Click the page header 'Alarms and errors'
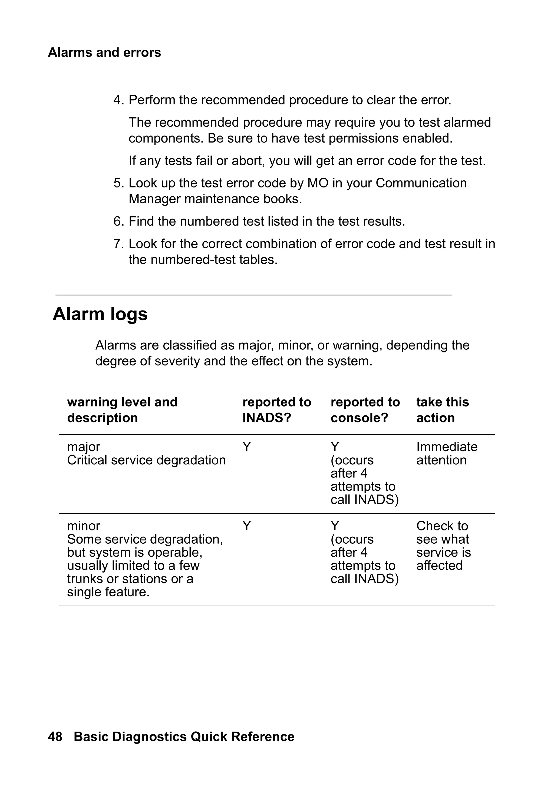(x=104, y=52)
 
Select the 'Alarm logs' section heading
(x=100, y=314)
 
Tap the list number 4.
(x=118, y=100)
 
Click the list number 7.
(x=118, y=244)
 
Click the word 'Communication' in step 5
(x=421, y=183)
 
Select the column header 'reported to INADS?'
(x=277, y=410)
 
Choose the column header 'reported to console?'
(x=365, y=410)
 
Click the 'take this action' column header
(x=442, y=410)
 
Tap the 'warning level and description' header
(x=122, y=410)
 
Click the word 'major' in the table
(x=84, y=447)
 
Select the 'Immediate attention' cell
(x=447, y=453)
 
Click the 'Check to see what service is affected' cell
(x=443, y=546)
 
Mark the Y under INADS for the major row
(x=246, y=447)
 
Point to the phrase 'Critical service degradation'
(x=146, y=460)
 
